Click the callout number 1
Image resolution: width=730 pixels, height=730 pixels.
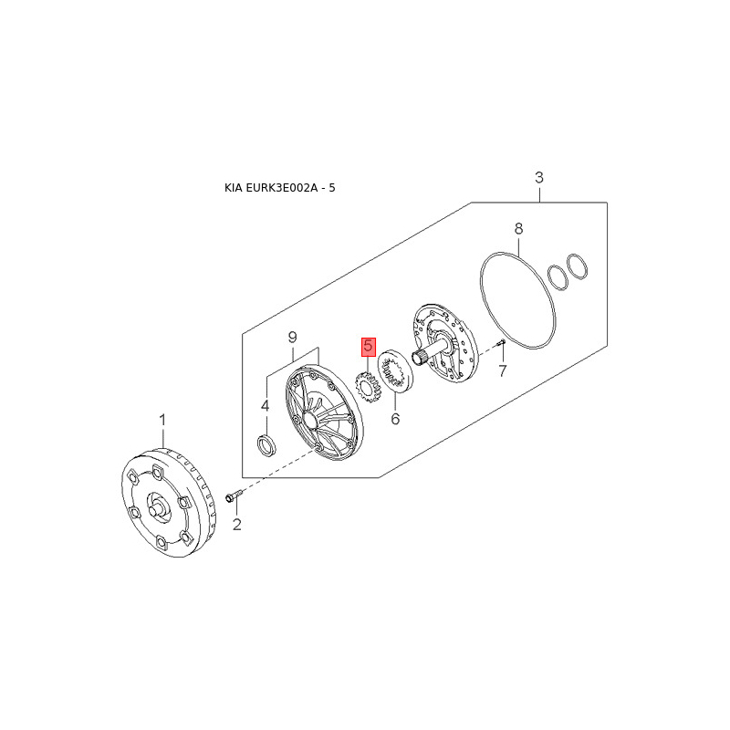click(x=162, y=421)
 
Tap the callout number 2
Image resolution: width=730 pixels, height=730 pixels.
click(x=237, y=525)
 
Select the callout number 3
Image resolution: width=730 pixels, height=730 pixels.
click(x=539, y=177)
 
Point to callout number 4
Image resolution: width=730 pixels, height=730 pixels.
click(x=265, y=406)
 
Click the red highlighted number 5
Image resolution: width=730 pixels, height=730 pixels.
click(x=369, y=347)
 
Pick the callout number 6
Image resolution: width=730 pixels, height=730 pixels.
click(x=395, y=419)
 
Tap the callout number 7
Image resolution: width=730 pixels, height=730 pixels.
click(x=503, y=371)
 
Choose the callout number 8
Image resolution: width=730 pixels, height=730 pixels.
click(x=518, y=229)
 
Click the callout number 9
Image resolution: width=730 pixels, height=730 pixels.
click(x=292, y=337)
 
